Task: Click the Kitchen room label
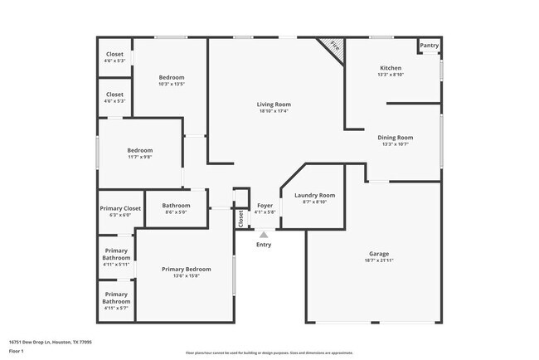tap(391, 68)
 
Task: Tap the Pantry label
tap(429, 46)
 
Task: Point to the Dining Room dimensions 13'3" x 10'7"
tap(396, 144)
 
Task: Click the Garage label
tap(379, 254)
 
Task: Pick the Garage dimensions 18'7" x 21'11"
tap(379, 261)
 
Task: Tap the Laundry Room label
tap(314, 195)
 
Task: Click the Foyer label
tap(265, 205)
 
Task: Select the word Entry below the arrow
tap(264, 245)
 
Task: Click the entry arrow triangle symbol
tap(264, 235)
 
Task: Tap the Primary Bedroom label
tap(186, 269)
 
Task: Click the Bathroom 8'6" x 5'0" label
tap(176, 206)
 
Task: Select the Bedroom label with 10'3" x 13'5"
tap(172, 77)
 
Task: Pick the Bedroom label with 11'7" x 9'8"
tap(139, 150)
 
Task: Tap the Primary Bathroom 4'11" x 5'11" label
tap(116, 254)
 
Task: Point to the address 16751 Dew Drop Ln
tap(50, 341)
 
